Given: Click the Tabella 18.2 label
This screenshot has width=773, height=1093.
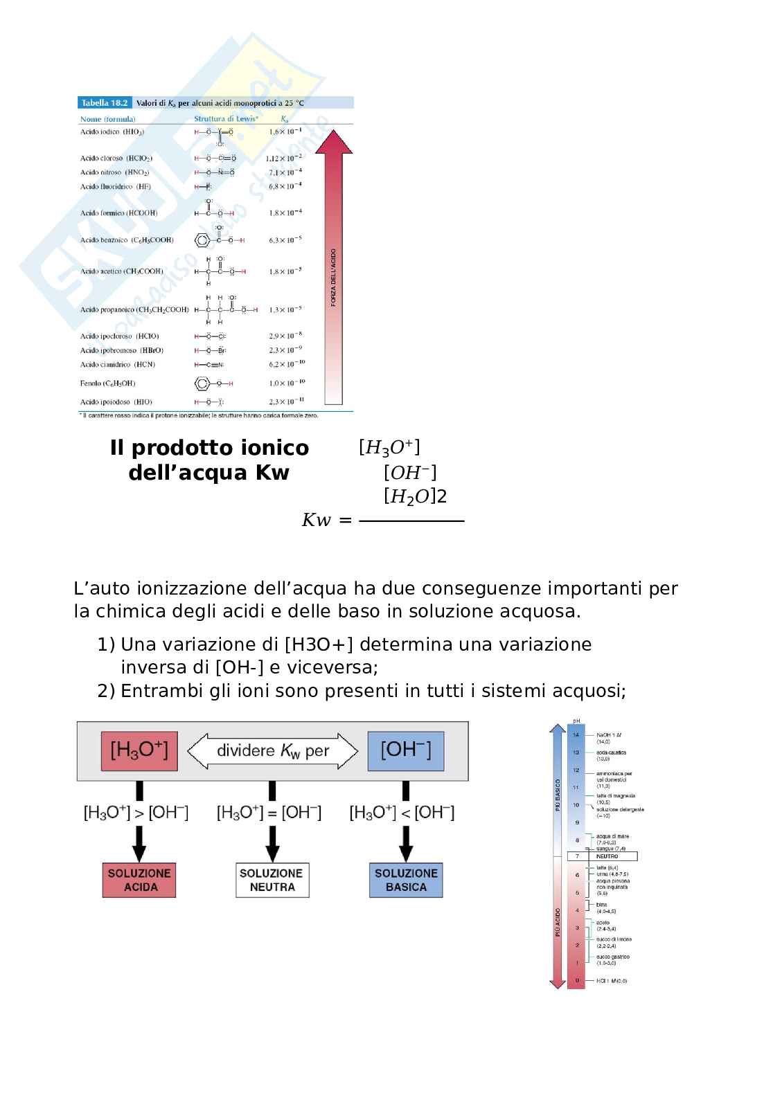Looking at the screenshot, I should (x=105, y=103).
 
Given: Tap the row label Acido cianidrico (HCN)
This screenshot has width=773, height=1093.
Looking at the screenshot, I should (x=118, y=365).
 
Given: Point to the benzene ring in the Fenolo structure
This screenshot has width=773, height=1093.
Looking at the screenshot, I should (x=202, y=383).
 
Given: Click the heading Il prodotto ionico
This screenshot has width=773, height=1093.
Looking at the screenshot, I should (x=209, y=448).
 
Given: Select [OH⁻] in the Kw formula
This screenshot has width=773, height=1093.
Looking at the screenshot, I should (x=410, y=473).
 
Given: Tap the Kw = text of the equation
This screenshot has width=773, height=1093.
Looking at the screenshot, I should (x=326, y=521).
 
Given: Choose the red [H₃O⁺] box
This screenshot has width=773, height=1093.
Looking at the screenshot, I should (x=139, y=751).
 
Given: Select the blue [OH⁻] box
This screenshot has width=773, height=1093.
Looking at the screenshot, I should (x=405, y=751).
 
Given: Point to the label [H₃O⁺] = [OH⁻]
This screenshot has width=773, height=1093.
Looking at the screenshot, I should (x=269, y=813).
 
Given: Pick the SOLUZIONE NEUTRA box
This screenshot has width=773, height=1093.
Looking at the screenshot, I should (x=272, y=880).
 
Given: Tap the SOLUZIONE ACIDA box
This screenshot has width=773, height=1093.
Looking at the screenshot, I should (x=139, y=880).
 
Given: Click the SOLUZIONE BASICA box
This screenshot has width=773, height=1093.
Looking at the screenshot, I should (x=406, y=880).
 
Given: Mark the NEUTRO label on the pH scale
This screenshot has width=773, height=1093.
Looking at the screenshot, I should (x=607, y=856).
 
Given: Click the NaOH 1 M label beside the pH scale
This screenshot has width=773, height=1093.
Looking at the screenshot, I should (x=609, y=734).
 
